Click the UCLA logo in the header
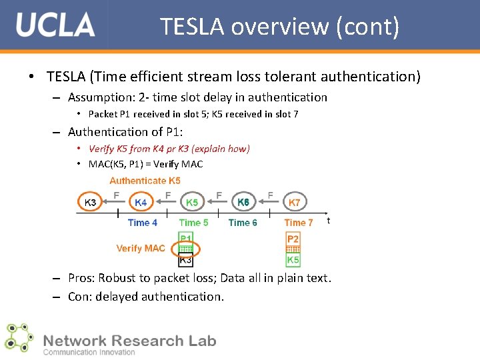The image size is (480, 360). click(x=55, y=25)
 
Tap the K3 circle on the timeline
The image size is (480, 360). click(x=91, y=202)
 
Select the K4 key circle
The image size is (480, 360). click(x=141, y=202)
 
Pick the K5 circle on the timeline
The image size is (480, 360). click(x=192, y=202)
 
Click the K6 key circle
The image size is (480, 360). click(x=243, y=201)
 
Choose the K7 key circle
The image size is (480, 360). click(x=294, y=202)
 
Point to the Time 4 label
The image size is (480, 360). click(x=142, y=223)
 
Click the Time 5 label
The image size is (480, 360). click(x=193, y=223)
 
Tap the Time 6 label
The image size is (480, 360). click(x=243, y=223)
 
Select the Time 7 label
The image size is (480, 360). click(x=298, y=223)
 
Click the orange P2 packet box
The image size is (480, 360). click(x=293, y=239)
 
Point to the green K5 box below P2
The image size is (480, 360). click(x=293, y=260)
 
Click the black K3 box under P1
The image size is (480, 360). click(x=186, y=260)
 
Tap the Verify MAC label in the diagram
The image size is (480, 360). click(x=140, y=248)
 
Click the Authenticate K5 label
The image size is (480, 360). click(x=145, y=181)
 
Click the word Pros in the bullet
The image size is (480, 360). click(x=82, y=278)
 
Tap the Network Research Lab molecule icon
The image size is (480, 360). click(x=18, y=337)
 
